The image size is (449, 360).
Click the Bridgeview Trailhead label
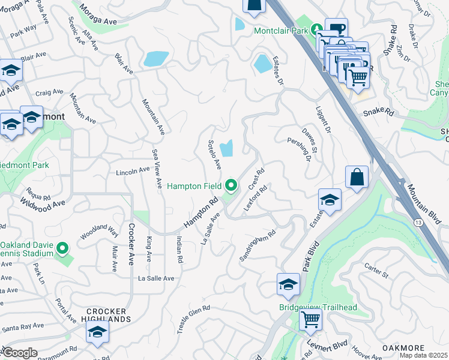(x=318, y=308)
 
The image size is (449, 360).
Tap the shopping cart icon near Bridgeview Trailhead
(x=310, y=319)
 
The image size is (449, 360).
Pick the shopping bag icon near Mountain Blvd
(x=357, y=177)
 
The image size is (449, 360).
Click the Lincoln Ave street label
(x=132, y=171)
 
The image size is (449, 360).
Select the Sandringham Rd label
(x=258, y=246)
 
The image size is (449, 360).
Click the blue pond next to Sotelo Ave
(x=228, y=147)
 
